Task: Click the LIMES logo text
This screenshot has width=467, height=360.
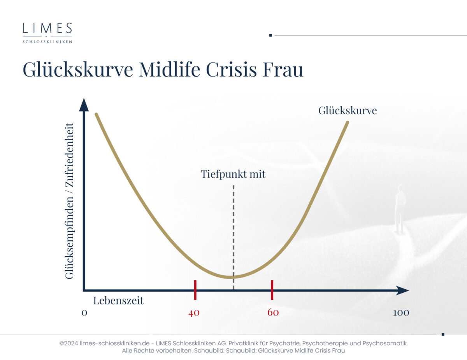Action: click(x=47, y=28)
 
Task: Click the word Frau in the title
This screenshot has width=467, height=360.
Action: click(x=283, y=69)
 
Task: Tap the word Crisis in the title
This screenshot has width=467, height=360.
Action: click(x=231, y=69)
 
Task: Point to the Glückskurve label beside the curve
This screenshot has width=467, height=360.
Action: click(x=348, y=110)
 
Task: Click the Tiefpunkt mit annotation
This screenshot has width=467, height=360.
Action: click(x=233, y=174)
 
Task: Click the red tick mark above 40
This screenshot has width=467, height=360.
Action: click(x=195, y=290)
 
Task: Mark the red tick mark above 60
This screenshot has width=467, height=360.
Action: click(x=272, y=290)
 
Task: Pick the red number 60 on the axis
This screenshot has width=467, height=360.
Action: click(x=273, y=312)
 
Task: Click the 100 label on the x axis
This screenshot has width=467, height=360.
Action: click(x=401, y=313)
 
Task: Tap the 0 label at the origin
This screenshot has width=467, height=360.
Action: click(x=84, y=313)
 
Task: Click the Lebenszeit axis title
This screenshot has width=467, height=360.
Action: click(x=118, y=300)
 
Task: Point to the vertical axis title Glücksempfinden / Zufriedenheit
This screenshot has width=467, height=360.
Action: click(x=69, y=201)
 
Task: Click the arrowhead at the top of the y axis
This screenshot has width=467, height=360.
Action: click(x=84, y=105)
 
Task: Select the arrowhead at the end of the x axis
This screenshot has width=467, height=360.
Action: click(x=402, y=291)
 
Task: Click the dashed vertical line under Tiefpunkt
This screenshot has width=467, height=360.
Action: click(x=233, y=238)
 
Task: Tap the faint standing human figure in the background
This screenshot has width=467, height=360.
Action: click(x=400, y=209)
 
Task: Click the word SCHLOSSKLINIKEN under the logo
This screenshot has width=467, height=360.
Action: click(x=47, y=42)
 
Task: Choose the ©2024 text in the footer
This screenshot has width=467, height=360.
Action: click(x=68, y=343)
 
